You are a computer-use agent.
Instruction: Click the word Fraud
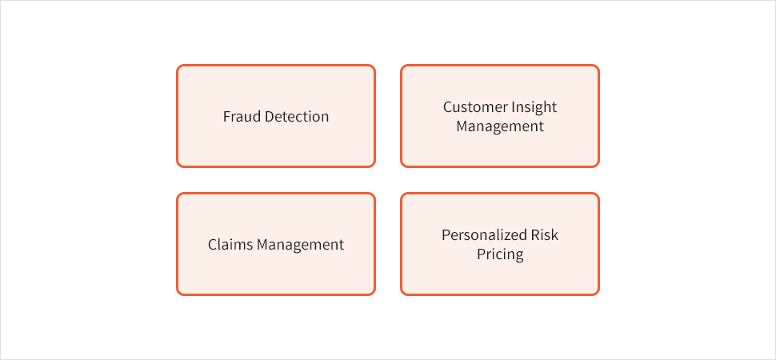(x=242, y=117)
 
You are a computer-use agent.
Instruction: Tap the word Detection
(x=297, y=117)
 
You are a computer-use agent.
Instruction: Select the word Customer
(x=474, y=107)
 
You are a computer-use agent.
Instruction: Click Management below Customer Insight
(x=500, y=126)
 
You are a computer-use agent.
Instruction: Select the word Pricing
(x=500, y=254)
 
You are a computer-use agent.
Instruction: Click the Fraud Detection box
(x=276, y=116)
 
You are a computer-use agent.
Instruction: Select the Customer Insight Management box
(x=500, y=116)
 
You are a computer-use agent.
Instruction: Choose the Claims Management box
(x=276, y=244)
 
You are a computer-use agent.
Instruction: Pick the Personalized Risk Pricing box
(x=500, y=244)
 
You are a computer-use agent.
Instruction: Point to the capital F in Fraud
(x=227, y=117)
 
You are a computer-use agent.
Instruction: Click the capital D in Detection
(x=269, y=117)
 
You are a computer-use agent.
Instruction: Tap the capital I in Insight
(x=510, y=107)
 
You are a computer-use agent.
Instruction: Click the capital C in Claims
(x=213, y=245)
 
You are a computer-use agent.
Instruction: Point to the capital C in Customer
(x=448, y=107)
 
